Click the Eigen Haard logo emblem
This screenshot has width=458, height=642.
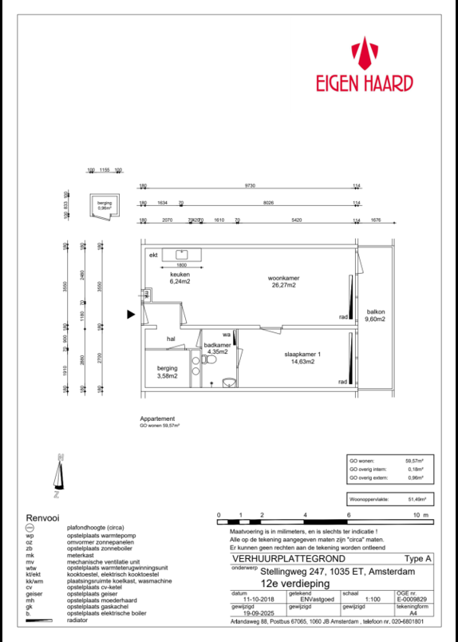click(x=369, y=54)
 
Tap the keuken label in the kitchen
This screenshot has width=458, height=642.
click(x=180, y=275)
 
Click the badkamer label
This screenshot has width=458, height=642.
click(x=216, y=345)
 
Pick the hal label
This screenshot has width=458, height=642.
click(x=171, y=339)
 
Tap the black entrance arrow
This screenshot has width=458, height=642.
click(x=132, y=314)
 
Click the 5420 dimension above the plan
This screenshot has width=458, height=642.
click(x=295, y=219)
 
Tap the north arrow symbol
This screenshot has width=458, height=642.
click(x=58, y=474)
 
